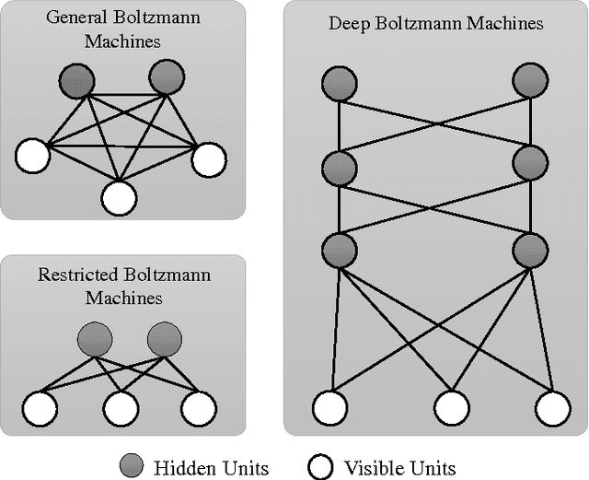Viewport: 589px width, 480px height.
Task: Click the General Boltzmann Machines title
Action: tap(123, 30)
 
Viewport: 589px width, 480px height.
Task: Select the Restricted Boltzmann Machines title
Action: tap(123, 286)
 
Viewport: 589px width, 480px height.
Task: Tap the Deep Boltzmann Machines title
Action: tap(435, 22)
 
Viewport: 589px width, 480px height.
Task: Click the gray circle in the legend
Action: tap(133, 467)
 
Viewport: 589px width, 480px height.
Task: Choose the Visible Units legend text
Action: tap(399, 467)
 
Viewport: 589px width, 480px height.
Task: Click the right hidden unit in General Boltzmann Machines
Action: tap(167, 79)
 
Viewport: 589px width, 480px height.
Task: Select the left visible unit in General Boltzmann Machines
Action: tap(32, 157)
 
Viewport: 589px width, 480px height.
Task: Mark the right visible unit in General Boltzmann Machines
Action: tap(208, 158)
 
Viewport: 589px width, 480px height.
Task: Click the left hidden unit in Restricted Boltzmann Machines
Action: tap(96, 338)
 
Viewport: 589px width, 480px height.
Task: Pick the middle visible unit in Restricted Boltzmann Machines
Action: tap(120, 406)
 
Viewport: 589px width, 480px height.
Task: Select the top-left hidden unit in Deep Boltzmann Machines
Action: tap(340, 85)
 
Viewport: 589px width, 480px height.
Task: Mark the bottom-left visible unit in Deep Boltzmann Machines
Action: tap(331, 406)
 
